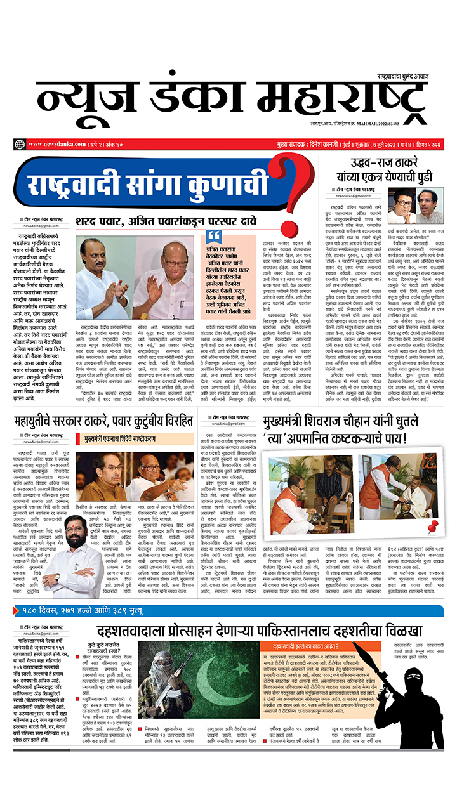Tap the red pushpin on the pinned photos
(x=434, y=525)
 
